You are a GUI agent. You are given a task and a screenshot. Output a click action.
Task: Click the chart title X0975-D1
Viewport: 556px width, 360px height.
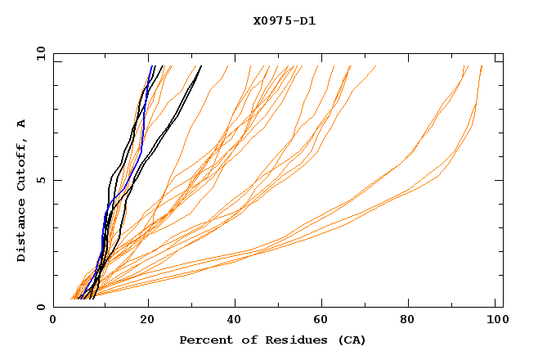(x=284, y=21)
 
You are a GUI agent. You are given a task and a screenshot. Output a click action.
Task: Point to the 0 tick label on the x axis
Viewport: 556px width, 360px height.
(x=53, y=322)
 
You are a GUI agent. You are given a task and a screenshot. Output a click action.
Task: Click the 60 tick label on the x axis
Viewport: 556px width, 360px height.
(x=323, y=322)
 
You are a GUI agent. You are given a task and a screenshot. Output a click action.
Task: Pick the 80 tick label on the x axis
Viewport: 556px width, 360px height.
(x=413, y=322)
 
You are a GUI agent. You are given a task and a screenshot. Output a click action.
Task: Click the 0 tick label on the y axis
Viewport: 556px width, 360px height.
(x=41, y=308)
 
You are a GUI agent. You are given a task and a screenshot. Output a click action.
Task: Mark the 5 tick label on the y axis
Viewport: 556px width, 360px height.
(x=41, y=180)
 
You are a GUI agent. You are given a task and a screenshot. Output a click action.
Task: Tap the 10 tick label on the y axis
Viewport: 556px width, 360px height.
(x=38, y=52)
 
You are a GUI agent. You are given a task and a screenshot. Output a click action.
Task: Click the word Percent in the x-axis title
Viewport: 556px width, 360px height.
(x=204, y=340)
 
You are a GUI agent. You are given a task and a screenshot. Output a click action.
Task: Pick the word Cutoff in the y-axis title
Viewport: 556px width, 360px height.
(x=21, y=161)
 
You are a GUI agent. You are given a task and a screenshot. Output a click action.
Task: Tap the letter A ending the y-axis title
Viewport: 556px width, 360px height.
(x=21, y=123)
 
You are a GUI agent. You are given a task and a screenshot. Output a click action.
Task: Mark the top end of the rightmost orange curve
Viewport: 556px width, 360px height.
(x=482, y=66)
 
